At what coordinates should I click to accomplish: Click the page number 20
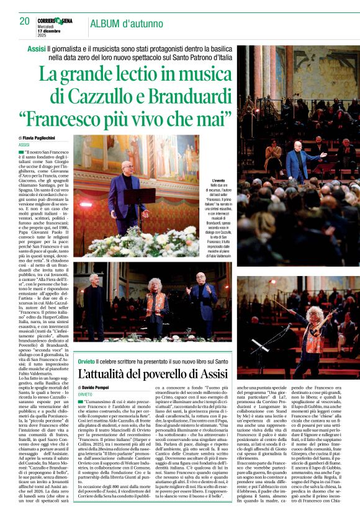[x=24, y=22]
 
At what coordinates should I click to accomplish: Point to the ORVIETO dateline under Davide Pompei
[x=86, y=393]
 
